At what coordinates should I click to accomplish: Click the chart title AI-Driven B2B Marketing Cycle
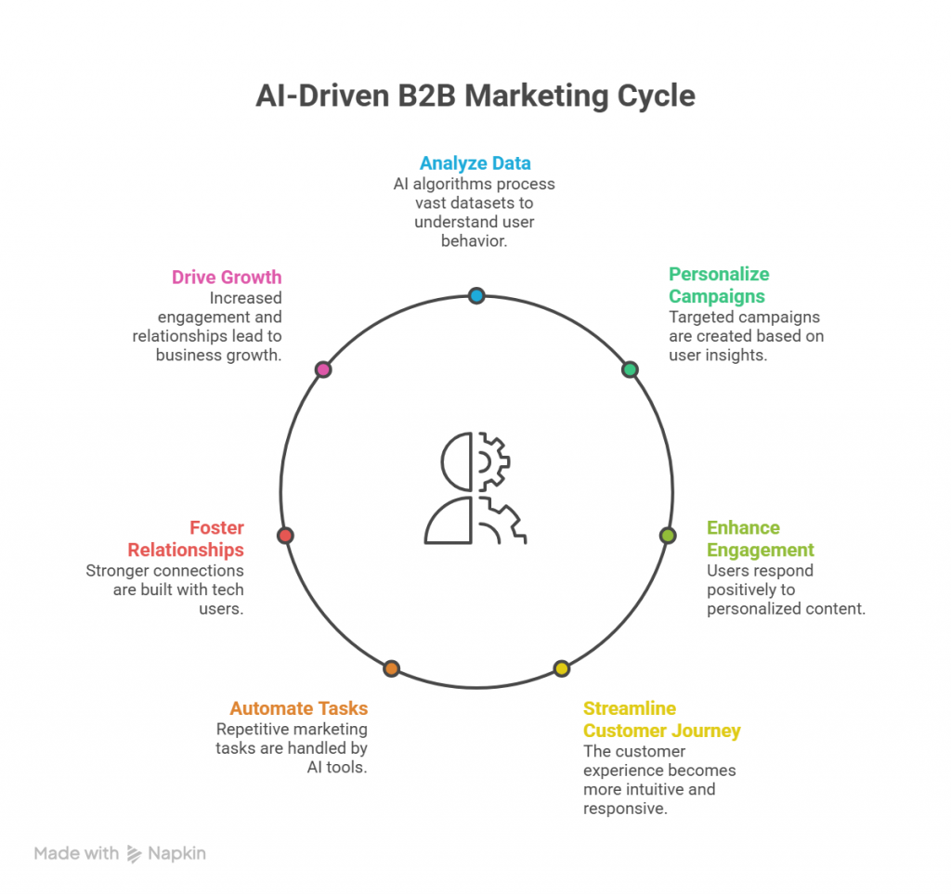pos(475,97)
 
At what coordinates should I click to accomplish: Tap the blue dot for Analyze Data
pos(476,296)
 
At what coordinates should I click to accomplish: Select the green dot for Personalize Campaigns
pos(630,369)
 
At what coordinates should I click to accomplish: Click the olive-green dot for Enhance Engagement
pos(668,536)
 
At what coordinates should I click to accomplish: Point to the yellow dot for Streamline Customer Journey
pos(561,668)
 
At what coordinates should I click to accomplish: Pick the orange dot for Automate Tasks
pos(391,668)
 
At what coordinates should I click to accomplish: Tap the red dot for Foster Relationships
pos(285,536)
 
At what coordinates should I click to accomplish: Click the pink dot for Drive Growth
pos(323,369)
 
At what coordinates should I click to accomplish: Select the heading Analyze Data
pos(475,164)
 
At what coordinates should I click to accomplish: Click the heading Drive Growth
pos(227,278)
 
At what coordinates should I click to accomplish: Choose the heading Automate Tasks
pos(299,708)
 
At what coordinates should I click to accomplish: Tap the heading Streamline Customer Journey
pos(661,719)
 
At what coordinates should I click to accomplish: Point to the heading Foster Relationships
pos(186,538)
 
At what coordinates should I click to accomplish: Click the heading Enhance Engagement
pos(760,538)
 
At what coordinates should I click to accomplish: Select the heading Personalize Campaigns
pos(719,285)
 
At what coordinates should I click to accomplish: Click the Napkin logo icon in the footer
pos(135,854)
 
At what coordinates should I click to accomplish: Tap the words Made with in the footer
pos(76,853)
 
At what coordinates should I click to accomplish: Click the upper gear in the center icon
pos(493,460)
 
